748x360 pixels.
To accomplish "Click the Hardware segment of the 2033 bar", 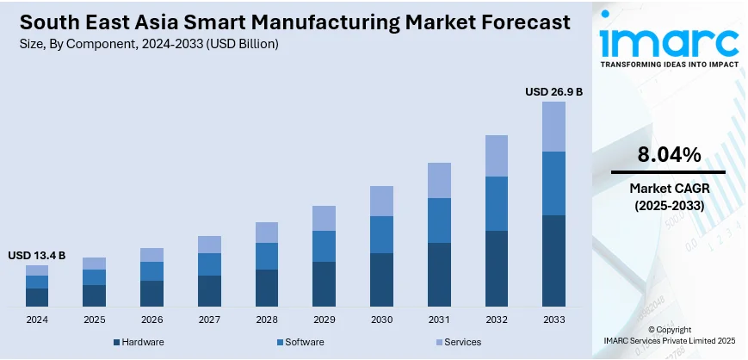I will point(553,261).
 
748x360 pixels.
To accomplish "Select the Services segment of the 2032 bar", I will point(496,156).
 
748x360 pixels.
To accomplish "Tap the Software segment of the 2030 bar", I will point(381,234).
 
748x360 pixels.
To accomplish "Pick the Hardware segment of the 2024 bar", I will point(37,297).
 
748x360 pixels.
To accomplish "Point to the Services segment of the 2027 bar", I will point(209,245).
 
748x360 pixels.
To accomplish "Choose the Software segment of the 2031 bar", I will point(439,220).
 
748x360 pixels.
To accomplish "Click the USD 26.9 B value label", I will point(553,91).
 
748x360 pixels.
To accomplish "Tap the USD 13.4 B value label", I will point(37,255).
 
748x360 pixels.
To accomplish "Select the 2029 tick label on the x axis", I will point(324,320).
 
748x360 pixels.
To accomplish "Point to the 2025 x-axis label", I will point(95,320).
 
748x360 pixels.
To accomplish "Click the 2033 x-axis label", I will point(553,320).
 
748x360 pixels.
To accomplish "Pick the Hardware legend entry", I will point(142,343).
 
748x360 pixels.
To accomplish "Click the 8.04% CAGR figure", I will point(668,155).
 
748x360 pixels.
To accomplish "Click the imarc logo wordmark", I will point(668,43).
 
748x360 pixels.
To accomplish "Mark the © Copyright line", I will point(668,330).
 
